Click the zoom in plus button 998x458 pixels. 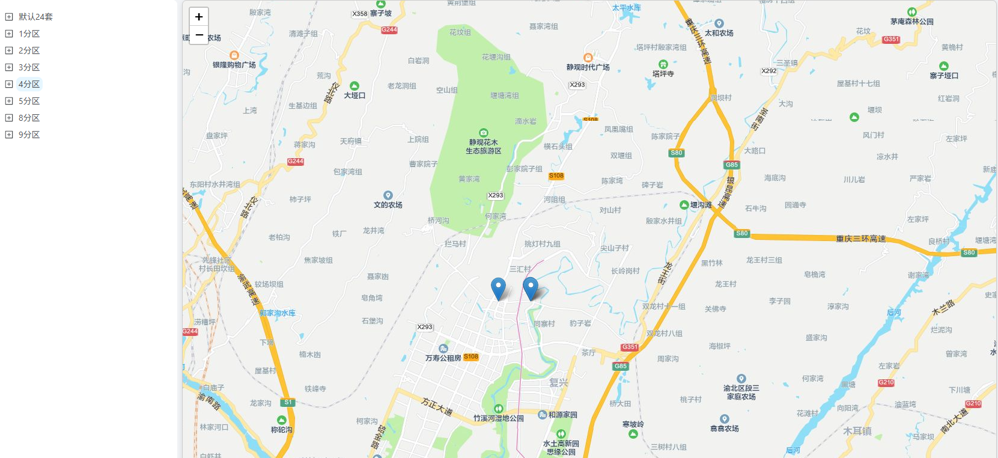click(x=199, y=17)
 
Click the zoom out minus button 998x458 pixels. click(x=199, y=35)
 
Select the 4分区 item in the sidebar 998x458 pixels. click(x=29, y=84)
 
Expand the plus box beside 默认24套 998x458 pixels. click(x=9, y=17)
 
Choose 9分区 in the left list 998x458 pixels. click(x=29, y=135)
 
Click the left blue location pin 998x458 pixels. click(x=498, y=287)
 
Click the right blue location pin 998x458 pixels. click(x=530, y=287)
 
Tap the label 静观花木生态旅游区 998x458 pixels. click(x=483, y=147)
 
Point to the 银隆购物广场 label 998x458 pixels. click(x=234, y=64)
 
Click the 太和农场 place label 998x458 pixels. click(x=719, y=33)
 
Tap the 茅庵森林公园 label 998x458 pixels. click(x=911, y=22)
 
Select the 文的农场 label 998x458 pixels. click(x=388, y=205)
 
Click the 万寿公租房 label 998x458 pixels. click(x=443, y=358)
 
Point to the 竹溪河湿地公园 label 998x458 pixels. click(x=498, y=418)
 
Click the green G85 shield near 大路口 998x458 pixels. click(x=731, y=165)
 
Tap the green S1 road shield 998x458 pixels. click(x=288, y=402)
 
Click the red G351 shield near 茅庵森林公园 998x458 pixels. click(x=891, y=39)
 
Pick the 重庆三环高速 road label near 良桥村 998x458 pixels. click(x=860, y=239)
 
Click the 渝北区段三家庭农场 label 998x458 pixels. click(x=741, y=392)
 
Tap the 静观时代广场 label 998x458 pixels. click(x=588, y=67)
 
